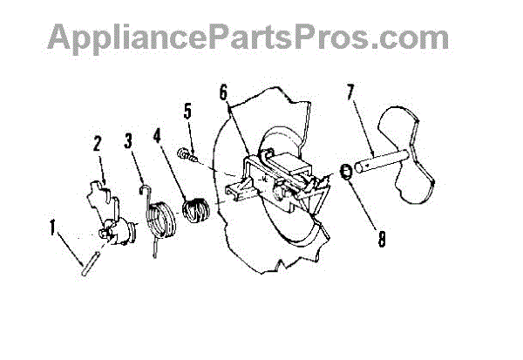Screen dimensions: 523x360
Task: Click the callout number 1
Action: (x=52, y=228)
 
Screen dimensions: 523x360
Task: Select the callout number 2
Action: (x=97, y=144)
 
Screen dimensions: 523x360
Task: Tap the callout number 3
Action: (x=128, y=141)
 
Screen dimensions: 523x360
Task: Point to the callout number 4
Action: (x=157, y=137)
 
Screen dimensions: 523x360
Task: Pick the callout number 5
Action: (x=187, y=111)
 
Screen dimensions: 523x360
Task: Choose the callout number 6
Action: (x=223, y=92)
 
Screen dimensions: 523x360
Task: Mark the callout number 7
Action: (x=350, y=92)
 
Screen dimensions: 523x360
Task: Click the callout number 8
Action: (x=382, y=239)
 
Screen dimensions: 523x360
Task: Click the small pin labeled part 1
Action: (x=90, y=263)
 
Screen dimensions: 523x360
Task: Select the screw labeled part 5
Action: (x=187, y=155)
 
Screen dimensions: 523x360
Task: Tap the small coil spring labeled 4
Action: (x=196, y=210)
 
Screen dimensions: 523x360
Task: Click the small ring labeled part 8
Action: (x=346, y=173)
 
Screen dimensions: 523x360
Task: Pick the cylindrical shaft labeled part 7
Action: (x=381, y=161)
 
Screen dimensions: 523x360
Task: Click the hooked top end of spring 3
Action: (x=145, y=189)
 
